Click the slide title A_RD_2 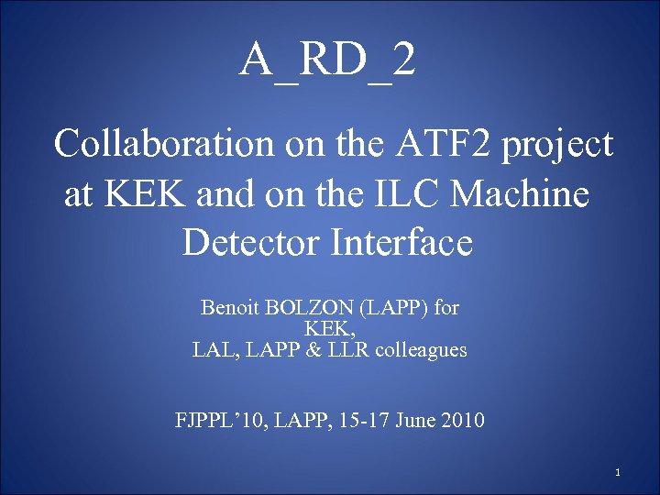coord(328,61)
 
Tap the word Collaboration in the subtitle coord(162,144)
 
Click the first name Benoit coord(228,308)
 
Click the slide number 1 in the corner coord(619,473)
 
